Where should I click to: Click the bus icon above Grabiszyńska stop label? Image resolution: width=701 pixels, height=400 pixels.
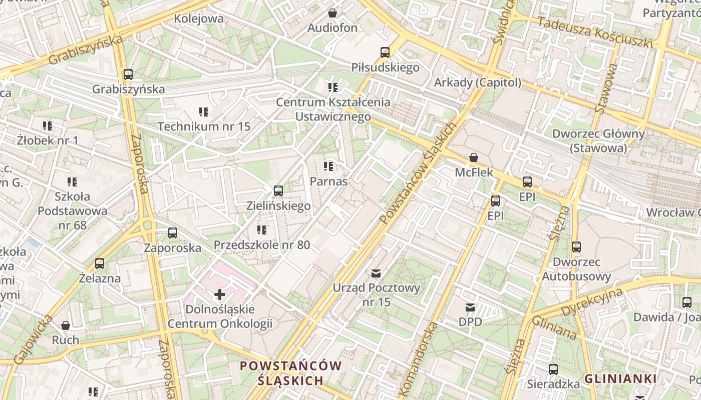point(128,74)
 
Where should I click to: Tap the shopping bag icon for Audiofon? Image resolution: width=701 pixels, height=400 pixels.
point(332,13)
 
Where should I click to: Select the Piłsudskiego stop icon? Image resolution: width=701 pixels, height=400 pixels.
point(385,52)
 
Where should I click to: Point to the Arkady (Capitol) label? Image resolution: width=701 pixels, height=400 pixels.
point(477,82)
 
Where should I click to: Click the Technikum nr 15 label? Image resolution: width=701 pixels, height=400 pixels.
point(204,126)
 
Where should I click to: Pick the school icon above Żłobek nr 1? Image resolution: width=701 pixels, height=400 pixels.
point(48,125)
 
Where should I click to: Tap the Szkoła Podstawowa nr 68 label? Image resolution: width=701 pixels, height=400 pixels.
point(72,211)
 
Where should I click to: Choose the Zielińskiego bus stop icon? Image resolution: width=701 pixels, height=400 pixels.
point(278,191)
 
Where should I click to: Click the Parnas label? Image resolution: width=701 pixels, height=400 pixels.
point(328,181)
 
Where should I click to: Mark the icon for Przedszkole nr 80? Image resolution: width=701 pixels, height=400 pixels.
point(262,230)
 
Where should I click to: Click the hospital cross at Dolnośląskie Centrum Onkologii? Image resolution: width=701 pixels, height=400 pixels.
point(219,294)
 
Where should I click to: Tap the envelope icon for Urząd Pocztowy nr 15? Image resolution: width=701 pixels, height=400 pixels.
point(376,273)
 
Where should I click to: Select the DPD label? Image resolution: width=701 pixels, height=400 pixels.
point(470,321)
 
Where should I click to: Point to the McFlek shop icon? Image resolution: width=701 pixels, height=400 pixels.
point(474,158)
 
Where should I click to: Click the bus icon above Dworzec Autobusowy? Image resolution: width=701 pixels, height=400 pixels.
point(576,247)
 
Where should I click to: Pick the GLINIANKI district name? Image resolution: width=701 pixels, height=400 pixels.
point(620,378)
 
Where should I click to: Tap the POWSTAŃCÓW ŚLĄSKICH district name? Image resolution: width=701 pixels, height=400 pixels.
point(290,373)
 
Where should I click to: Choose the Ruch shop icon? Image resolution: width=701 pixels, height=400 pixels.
point(66,325)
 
